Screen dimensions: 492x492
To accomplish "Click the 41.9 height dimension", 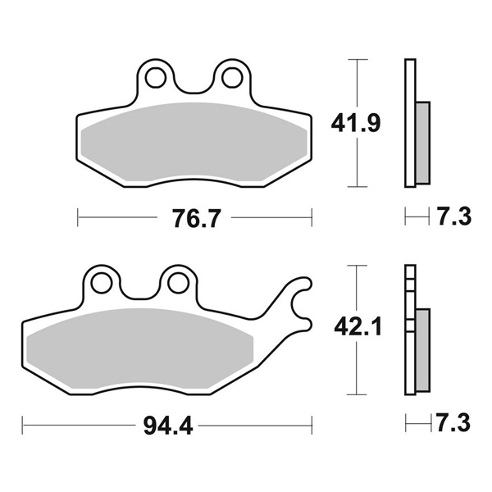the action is point(356,123).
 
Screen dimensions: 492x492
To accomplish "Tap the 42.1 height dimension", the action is point(358,326).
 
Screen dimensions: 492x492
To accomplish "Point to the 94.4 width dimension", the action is point(168,426).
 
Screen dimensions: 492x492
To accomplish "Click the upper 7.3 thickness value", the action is point(454,216).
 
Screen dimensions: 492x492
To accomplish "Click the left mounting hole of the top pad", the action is point(156,78).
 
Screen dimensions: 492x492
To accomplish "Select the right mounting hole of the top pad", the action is point(232,78).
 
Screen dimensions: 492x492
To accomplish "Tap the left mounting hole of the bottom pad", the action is point(102,284).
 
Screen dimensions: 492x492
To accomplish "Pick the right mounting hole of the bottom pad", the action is point(178,284).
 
